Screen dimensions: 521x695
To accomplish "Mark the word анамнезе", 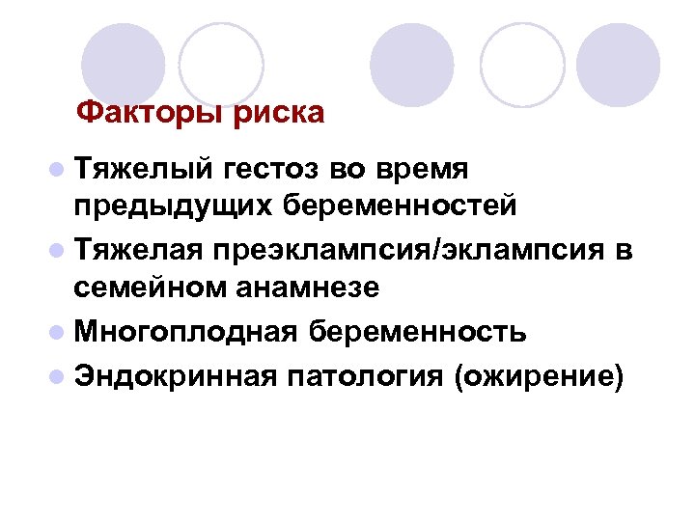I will [310, 287].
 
